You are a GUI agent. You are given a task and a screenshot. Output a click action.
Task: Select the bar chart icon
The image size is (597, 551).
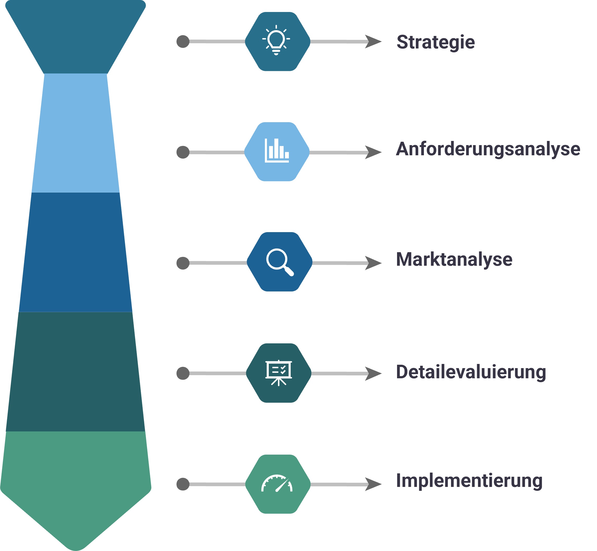point(277,151)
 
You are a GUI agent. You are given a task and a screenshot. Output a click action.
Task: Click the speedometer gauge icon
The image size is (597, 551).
point(277,484)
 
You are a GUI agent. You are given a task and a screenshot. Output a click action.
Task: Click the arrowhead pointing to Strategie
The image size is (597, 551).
point(373,41)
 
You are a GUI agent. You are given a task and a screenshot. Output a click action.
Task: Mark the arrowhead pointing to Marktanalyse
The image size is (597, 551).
point(373,263)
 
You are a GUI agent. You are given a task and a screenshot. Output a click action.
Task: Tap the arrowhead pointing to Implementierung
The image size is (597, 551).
point(373,484)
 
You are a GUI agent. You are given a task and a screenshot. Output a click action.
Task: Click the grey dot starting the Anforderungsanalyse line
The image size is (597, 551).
point(183,152)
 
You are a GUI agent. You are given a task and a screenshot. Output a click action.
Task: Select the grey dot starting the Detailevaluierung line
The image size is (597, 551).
point(183,373)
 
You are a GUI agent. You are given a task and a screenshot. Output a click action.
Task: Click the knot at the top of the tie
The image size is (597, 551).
point(76,36)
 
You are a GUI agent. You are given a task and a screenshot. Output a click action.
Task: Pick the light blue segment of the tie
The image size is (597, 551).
point(76,133)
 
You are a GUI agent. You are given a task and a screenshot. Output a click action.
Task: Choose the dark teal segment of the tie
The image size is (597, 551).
point(76,371)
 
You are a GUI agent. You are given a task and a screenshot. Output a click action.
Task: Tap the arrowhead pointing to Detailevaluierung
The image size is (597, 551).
point(373,374)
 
